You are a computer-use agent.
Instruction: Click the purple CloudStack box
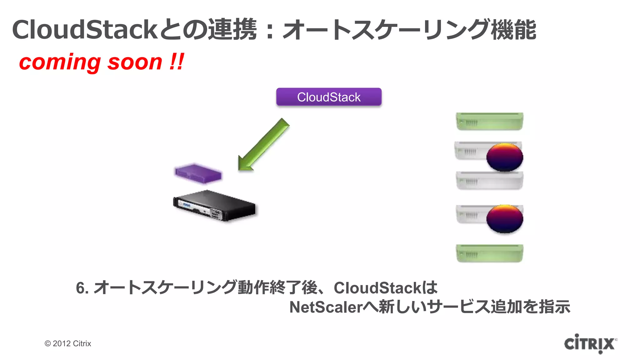(329, 97)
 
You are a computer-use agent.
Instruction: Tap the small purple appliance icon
(198, 173)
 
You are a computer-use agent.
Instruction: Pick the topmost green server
(489, 121)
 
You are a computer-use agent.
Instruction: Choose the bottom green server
(489, 253)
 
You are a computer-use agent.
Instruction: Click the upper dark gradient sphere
(505, 157)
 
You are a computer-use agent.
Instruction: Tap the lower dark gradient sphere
(505, 218)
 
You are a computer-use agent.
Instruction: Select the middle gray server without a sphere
(489, 181)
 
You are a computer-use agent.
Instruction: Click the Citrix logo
(590, 343)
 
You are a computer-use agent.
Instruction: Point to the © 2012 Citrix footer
(68, 343)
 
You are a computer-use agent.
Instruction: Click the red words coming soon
(91, 62)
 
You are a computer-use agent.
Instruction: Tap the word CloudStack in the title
(84, 30)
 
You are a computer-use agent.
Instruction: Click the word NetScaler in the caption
(326, 307)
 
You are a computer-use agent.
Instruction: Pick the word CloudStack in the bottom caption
(377, 288)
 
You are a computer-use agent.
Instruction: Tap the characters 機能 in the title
(513, 30)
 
